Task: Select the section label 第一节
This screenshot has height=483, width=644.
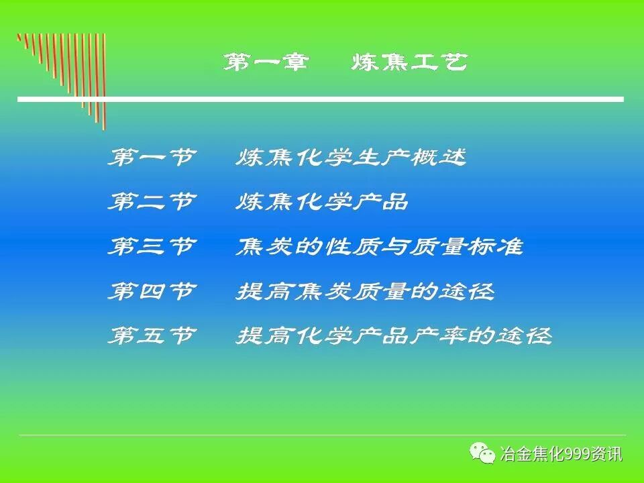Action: [152, 158]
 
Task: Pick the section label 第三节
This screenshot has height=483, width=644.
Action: [152, 247]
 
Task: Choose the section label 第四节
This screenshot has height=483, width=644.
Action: [152, 291]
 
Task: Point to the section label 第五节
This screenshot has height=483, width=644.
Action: [152, 335]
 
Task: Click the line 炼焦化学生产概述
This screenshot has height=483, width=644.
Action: [350, 158]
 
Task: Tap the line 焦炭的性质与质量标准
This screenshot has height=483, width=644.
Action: [379, 247]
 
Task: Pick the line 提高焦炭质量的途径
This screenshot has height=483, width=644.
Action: [365, 291]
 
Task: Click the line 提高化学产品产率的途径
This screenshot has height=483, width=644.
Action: [393, 335]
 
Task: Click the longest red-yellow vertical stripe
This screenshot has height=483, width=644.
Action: [104, 80]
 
